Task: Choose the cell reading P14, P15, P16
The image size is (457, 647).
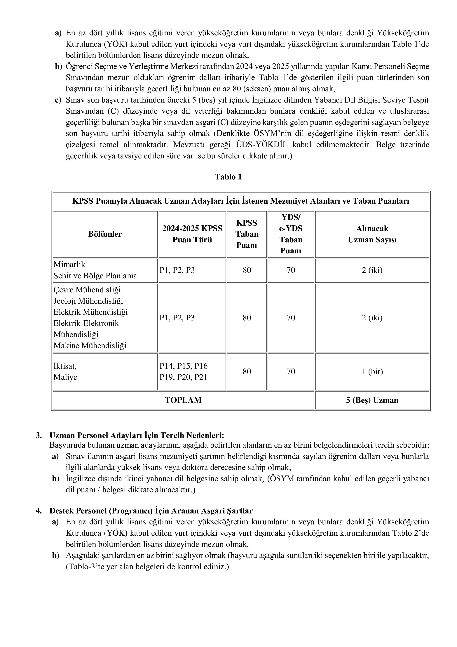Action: [183, 366]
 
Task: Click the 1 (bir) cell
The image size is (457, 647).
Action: [372, 371]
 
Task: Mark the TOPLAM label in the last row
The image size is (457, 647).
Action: [183, 400]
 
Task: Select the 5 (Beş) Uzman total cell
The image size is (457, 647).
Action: [372, 400]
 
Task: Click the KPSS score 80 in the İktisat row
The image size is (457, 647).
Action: [247, 371]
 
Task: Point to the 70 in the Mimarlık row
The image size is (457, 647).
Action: [291, 270]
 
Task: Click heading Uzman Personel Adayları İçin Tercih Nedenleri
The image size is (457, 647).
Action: [137, 435]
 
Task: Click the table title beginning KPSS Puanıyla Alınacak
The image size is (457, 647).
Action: [241, 201]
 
